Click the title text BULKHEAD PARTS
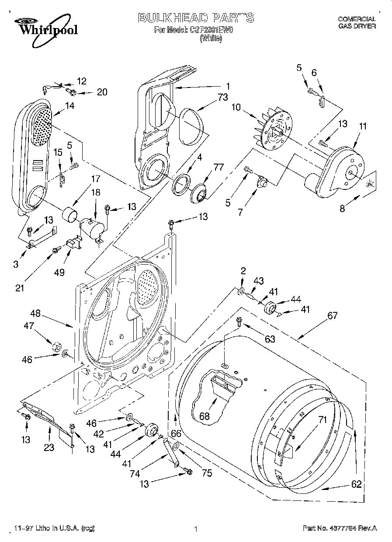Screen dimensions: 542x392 click(195, 18)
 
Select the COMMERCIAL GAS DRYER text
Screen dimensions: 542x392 click(357, 22)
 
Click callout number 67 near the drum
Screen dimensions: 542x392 click(333, 315)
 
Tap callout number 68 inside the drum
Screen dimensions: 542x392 click(205, 416)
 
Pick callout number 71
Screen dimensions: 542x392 click(323, 420)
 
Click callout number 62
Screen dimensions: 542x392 click(357, 484)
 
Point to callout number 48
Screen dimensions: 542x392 click(35, 313)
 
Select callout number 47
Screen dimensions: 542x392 click(29, 326)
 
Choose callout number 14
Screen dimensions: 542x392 click(69, 105)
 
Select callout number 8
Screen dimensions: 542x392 click(342, 209)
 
